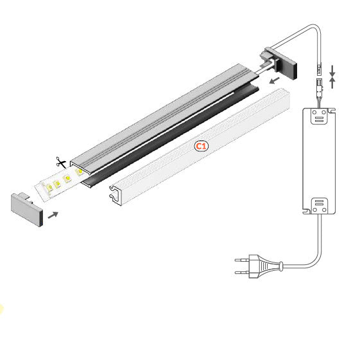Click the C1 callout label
(201, 146)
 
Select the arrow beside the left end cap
(56, 214)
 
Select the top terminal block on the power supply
(319, 116)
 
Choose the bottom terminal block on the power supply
(320, 205)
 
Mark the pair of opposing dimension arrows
(332, 75)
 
